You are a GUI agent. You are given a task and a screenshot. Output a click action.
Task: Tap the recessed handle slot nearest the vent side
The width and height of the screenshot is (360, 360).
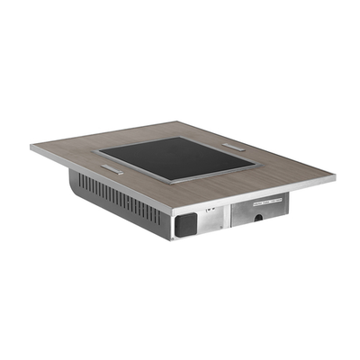(x=112, y=168)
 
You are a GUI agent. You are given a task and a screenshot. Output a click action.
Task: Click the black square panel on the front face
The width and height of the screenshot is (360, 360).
(x=184, y=224)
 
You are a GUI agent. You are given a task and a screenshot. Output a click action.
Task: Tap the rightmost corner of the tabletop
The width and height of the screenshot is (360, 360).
(x=335, y=177)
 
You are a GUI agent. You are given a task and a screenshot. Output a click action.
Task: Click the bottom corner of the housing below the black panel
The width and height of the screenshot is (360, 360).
(x=173, y=239)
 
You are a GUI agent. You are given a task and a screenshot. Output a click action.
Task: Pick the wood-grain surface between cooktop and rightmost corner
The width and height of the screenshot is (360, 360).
(x=288, y=175)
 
